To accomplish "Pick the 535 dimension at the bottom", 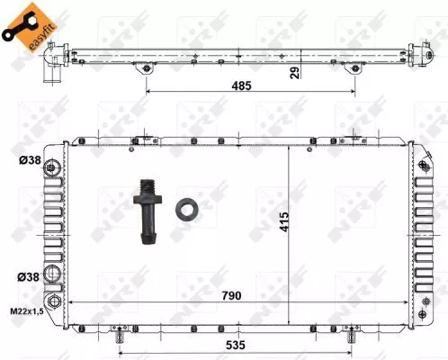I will [x=237, y=343].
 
